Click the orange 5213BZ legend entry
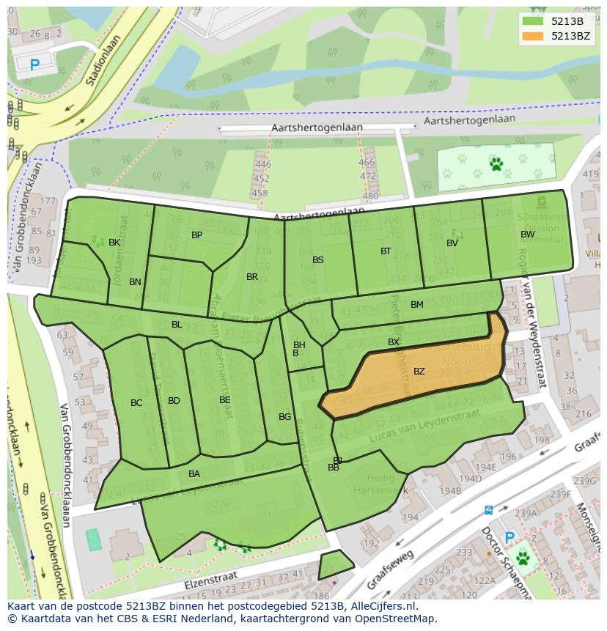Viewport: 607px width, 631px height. [558, 36]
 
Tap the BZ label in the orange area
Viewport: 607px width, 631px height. [419, 372]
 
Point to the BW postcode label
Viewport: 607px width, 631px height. [527, 235]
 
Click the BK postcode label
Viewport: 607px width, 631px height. [114, 243]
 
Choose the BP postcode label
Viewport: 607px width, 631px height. [196, 235]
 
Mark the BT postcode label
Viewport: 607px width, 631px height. [386, 251]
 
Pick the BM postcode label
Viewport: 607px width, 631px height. [416, 305]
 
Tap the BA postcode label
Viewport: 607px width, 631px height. [194, 474]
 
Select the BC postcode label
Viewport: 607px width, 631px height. [136, 403]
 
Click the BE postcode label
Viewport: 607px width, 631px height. [225, 400]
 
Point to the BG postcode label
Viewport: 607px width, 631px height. [285, 417]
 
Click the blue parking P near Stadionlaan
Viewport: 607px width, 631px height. [35, 65]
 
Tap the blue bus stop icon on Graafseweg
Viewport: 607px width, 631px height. [488, 510]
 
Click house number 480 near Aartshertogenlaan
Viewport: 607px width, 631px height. [370, 196]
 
